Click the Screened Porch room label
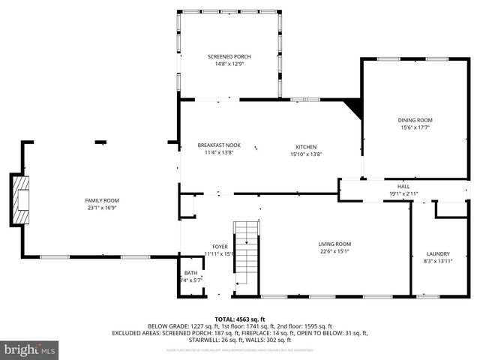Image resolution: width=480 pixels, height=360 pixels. [229, 57]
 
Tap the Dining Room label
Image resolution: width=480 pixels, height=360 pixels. [415, 120]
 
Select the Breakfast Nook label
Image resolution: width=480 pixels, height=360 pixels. [219, 145]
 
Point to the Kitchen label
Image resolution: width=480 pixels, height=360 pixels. [305, 146]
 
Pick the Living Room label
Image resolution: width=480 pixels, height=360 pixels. [334, 244]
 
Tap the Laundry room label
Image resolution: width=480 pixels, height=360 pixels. [437, 253]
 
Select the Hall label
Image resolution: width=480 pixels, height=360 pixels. [403, 186]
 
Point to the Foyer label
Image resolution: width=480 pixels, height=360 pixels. [220, 247]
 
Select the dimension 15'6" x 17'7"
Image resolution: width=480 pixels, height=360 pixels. [415, 127]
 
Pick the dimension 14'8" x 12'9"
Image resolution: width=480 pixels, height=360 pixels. [229, 64]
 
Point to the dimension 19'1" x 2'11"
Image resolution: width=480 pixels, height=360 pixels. [403, 193]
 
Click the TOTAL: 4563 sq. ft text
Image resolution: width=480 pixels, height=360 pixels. [240, 319]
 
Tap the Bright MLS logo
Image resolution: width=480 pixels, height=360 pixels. [30, 349]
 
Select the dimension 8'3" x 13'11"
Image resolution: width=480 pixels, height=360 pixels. [437, 261]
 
